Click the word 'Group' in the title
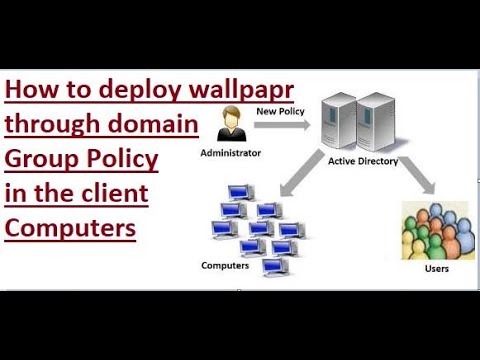39,160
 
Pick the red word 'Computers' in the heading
70,227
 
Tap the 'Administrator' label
231,153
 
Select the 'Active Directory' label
363,160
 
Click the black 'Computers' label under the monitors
225,265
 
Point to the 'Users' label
436,268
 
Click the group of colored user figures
435,232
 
